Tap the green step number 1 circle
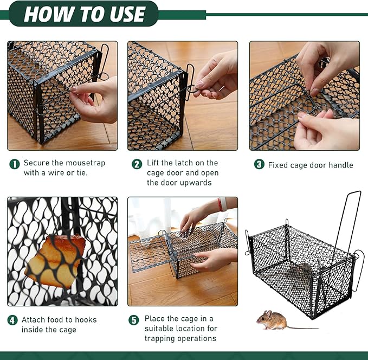point(14,163)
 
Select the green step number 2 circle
point(137,163)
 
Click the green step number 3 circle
point(259,165)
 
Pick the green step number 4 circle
point(12,320)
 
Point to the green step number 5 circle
point(133,320)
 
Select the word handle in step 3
point(340,165)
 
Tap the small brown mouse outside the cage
point(273,320)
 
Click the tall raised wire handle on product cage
point(347,217)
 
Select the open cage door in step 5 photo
point(148,253)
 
